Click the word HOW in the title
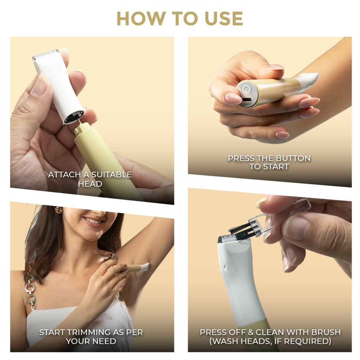click(141, 18)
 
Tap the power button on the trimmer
click(246, 89)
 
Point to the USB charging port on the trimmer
click(247, 100)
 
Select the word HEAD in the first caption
click(90, 184)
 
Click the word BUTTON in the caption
click(293, 158)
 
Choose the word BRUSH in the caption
click(326, 332)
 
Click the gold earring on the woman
click(59, 209)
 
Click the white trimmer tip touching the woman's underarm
click(145, 267)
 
